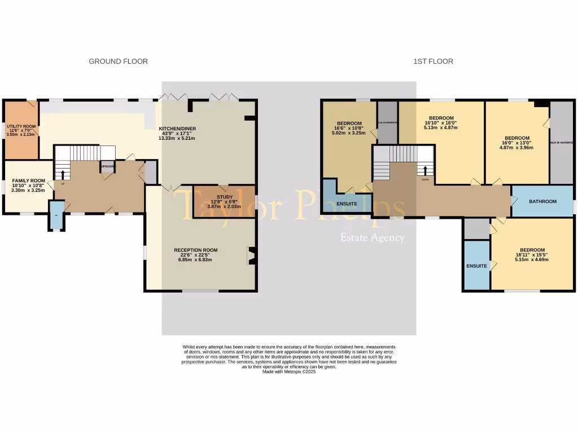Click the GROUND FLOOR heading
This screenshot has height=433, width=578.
click(118, 61)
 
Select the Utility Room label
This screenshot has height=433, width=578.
click(21, 126)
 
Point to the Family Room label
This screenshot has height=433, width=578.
click(28, 181)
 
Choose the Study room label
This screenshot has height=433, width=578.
click(224, 197)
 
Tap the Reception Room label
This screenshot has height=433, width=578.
click(195, 250)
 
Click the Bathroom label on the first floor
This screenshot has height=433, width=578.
click(542, 201)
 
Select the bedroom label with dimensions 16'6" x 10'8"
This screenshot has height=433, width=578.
click(349, 123)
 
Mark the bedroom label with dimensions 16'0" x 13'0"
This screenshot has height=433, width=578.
click(517, 138)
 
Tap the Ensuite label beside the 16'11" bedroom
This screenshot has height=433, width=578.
click(476, 266)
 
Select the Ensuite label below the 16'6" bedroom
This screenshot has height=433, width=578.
click(347, 204)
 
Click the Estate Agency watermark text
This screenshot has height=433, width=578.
click(372, 237)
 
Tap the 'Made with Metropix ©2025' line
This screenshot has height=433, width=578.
click(289, 372)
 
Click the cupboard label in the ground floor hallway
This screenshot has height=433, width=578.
click(107, 167)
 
